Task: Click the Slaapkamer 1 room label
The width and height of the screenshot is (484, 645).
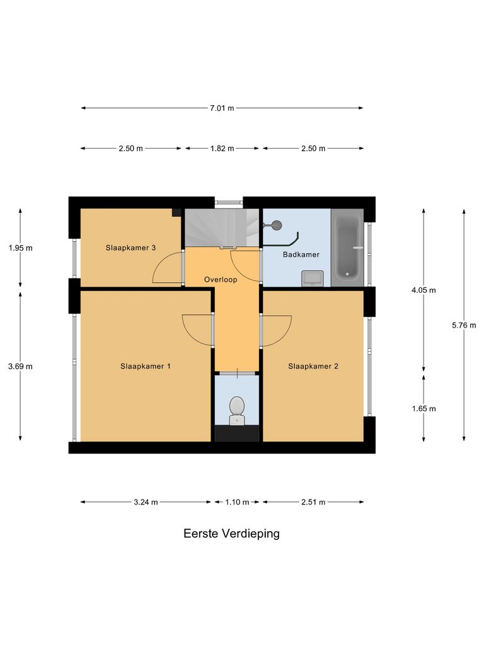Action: [x=146, y=366]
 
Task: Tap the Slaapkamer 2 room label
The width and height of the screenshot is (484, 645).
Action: [x=313, y=366]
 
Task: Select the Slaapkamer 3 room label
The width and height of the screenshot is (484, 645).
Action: [x=130, y=248]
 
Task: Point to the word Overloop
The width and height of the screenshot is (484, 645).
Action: [x=221, y=279]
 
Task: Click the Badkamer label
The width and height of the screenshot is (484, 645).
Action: [x=301, y=254]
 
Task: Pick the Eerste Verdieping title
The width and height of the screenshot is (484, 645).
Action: [x=231, y=534]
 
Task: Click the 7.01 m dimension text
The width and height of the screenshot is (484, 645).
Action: [x=222, y=108]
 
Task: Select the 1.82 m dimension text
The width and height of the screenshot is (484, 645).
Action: [x=222, y=149]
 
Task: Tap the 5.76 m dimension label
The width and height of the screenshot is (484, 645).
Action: [x=464, y=326]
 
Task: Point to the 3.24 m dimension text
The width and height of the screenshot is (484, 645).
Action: [x=146, y=502]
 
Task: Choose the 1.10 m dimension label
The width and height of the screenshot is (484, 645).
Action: [x=238, y=502]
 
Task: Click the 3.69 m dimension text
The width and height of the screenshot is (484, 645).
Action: [x=20, y=366]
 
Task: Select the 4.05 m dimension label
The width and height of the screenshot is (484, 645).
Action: [x=423, y=290]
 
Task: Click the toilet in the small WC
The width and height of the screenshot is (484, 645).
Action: [x=237, y=409]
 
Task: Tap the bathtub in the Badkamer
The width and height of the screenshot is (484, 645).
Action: [x=347, y=248]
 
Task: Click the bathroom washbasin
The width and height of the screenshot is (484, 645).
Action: [x=313, y=278]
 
